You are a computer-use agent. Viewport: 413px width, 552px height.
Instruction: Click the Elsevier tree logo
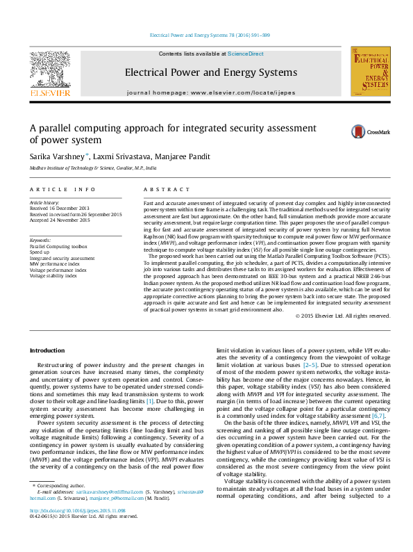point(49,74)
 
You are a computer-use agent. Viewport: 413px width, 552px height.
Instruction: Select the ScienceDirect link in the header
point(246,54)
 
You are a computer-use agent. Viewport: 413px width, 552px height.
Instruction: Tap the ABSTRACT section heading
point(167,189)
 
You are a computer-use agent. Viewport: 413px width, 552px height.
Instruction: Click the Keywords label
point(41,240)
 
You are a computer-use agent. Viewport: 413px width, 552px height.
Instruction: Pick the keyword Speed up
point(40,252)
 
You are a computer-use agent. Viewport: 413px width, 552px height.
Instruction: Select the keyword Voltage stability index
point(53,275)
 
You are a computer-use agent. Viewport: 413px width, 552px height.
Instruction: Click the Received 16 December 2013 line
point(59,209)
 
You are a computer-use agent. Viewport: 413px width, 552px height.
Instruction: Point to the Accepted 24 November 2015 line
point(60,220)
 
